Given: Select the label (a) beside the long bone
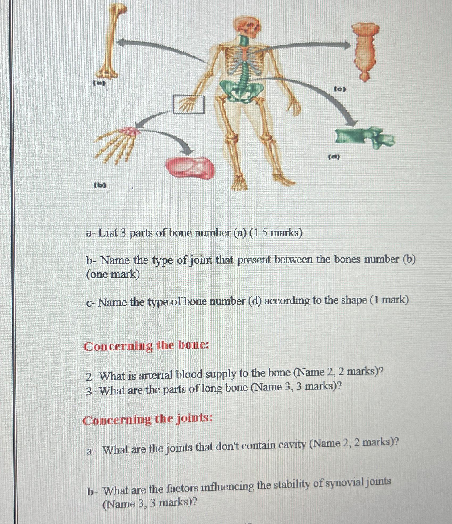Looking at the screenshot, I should coord(99,83).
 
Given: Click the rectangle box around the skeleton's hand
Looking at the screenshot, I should coord(188,104).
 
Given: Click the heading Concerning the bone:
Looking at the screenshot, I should coord(146,346).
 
